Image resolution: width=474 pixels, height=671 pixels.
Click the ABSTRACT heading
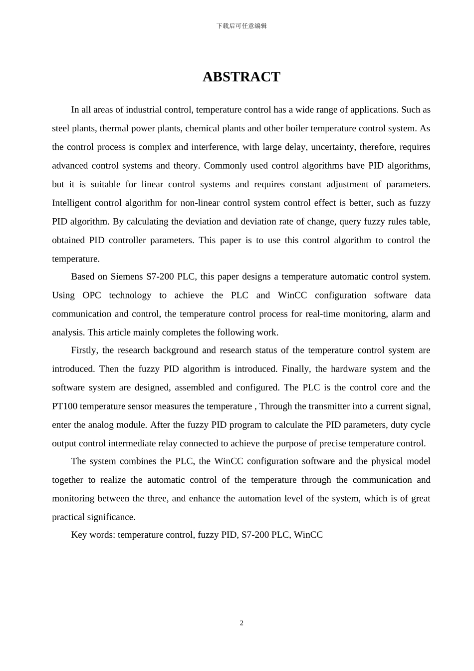[241, 77]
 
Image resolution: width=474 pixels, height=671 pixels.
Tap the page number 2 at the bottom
[241, 623]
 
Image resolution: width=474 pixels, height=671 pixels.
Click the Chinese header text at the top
[241, 26]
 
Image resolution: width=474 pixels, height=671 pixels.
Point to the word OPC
[92, 295]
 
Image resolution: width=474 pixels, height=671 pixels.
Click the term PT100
[64, 406]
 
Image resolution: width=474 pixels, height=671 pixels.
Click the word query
[350, 221]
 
